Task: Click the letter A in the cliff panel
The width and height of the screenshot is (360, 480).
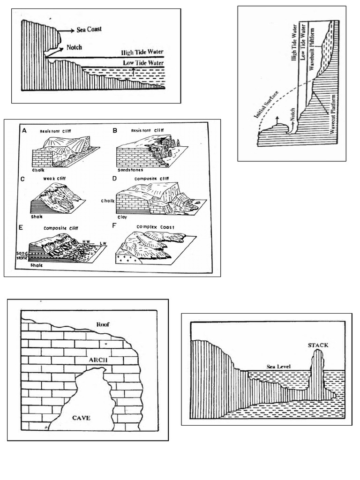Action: tap(23, 131)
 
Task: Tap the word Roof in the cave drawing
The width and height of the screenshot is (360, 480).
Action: tap(102, 324)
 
